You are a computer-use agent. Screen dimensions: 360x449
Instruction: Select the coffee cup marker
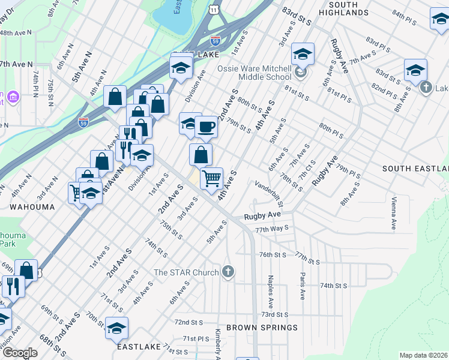pos(206,127)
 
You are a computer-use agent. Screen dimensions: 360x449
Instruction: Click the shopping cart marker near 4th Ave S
pos(211,178)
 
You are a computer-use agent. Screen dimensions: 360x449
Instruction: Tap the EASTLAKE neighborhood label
pos(139,347)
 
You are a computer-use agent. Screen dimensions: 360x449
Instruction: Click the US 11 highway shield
pos(214,11)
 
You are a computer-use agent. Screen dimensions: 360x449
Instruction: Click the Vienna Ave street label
pos(394,214)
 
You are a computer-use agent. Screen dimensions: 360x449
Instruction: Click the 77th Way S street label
pos(272,229)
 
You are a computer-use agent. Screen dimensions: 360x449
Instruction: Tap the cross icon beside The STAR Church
pos(228,272)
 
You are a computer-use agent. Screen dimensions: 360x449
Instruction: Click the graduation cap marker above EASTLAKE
pos(116,328)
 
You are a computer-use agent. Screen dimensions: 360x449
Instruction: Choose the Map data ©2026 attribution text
pos(423,355)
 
